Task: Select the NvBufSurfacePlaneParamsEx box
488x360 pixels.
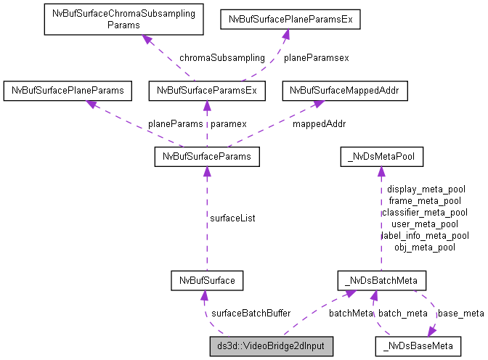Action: [290, 19]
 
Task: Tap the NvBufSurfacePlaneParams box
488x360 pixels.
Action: [68, 91]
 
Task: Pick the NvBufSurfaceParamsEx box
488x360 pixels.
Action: [206, 91]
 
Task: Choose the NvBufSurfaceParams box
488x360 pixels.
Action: [206, 156]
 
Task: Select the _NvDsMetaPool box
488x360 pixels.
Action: [378, 156]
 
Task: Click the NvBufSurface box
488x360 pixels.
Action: [206, 279]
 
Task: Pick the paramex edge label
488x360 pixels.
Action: [229, 123]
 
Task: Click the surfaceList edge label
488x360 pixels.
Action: [232, 217]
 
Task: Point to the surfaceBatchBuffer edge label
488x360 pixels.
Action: [251, 313]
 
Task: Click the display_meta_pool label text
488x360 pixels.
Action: [426, 189]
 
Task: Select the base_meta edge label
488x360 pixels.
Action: [460, 313]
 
